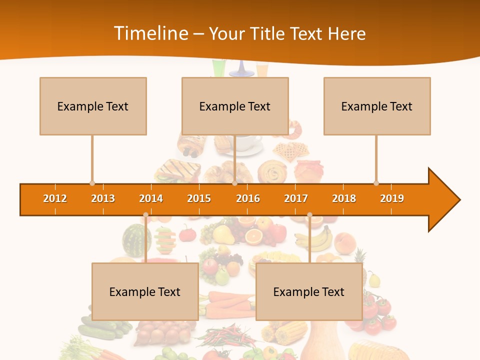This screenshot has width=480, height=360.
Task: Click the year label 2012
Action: (x=55, y=198)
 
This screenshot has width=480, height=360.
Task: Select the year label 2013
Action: (x=103, y=198)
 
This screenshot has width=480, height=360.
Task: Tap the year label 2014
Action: (x=151, y=198)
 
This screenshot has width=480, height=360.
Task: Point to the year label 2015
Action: (x=199, y=198)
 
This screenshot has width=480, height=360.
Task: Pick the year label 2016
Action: (x=248, y=198)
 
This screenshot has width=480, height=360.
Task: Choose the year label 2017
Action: (x=296, y=198)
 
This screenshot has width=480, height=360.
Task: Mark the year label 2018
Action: (x=344, y=198)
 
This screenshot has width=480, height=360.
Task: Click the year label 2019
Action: (x=392, y=198)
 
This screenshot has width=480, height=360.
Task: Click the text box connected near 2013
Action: (x=93, y=106)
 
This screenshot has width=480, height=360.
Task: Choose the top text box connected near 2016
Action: (x=235, y=106)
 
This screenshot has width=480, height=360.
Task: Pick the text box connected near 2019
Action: (x=377, y=106)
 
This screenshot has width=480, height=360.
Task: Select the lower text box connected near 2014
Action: (x=145, y=291)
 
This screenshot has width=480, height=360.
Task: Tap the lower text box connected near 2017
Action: (x=309, y=291)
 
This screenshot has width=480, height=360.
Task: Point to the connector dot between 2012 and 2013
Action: (x=92, y=183)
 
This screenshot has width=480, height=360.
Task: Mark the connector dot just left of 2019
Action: (x=376, y=183)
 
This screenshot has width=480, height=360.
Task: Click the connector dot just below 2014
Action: (x=145, y=215)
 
